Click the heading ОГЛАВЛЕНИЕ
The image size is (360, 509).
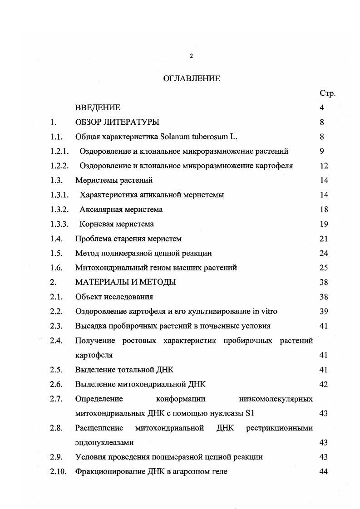[191, 78]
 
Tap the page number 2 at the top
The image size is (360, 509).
[191, 56]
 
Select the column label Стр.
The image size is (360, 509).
[327, 93]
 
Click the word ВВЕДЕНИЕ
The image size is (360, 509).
[98, 108]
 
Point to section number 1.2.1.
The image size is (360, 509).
[59, 152]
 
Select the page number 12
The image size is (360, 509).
[324, 166]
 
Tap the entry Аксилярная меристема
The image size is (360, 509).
[121, 210]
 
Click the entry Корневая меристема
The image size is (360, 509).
[116, 224]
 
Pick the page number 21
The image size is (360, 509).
[324, 239]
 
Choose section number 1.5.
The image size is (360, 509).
[56, 253]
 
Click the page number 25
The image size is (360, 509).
[324, 268]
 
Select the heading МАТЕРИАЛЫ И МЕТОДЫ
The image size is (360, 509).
[126, 282]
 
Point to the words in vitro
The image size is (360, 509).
[265, 311]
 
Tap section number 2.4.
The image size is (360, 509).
[56, 341]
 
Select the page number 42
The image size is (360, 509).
[324, 384]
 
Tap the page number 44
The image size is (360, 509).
[324, 471]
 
